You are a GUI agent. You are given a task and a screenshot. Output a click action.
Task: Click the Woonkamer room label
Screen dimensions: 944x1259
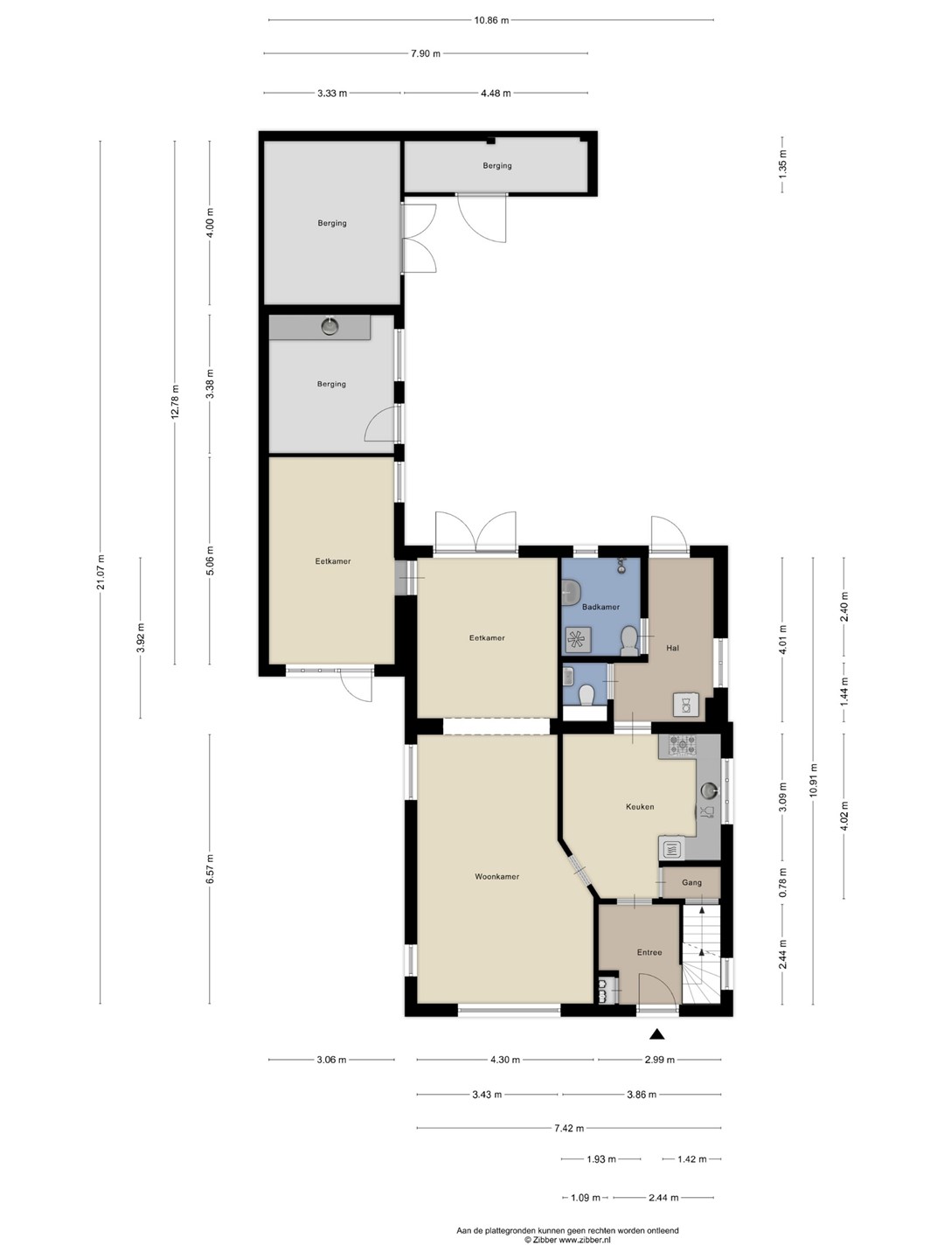[x=496, y=876]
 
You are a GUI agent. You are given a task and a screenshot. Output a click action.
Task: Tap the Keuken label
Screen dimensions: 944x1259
[x=640, y=806]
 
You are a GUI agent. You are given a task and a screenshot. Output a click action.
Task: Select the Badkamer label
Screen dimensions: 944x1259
[x=600, y=606]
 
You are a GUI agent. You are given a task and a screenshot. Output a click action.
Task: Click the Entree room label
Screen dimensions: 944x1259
[x=649, y=951]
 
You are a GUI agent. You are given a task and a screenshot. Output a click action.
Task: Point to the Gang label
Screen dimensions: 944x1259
[x=691, y=882]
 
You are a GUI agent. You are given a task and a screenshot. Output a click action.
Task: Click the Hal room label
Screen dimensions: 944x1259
[x=672, y=648]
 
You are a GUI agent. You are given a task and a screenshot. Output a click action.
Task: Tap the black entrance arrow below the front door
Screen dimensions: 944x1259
[x=656, y=1033]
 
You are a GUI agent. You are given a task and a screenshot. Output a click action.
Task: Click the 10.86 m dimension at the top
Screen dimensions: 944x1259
[x=491, y=20]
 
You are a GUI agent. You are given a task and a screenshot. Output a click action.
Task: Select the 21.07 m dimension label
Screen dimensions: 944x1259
[x=101, y=572]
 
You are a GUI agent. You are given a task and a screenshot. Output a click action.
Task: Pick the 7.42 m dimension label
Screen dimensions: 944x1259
[x=569, y=1128]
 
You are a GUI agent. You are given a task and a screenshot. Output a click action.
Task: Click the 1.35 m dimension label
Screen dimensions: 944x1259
[x=783, y=163]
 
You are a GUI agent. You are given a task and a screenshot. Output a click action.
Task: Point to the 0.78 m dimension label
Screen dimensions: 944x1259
[x=783, y=882]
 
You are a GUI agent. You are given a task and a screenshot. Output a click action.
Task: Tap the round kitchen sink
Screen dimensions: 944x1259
[x=709, y=790]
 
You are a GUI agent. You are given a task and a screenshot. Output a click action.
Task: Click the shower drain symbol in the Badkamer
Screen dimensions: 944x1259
[x=575, y=638]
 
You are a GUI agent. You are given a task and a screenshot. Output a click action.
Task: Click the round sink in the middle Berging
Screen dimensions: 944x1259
[x=330, y=326]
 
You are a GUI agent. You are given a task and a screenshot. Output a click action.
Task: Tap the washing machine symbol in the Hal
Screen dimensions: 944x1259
[x=686, y=705]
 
